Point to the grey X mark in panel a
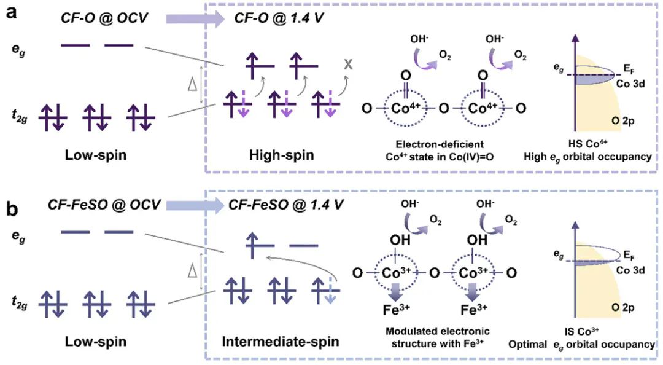(348, 80)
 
